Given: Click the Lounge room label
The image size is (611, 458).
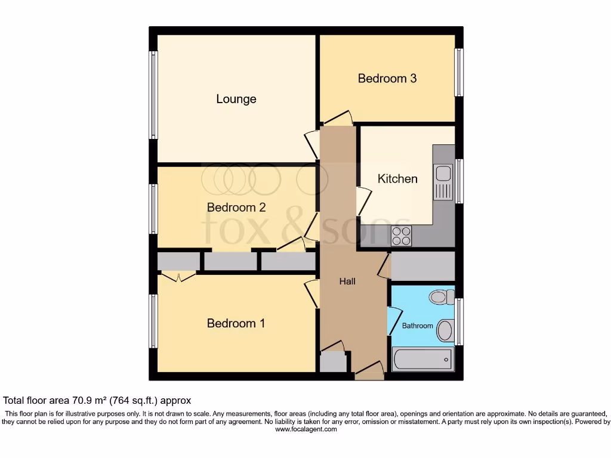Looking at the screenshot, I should (x=236, y=99).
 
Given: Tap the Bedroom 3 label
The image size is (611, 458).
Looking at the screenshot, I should (x=387, y=78).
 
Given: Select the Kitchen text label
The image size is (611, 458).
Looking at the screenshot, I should (x=397, y=178).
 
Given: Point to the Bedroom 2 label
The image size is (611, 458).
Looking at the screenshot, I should (x=236, y=208).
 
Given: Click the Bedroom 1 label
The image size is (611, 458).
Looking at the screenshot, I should (x=236, y=323).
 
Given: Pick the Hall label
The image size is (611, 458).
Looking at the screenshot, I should (x=347, y=281).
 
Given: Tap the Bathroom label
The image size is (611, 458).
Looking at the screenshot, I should (x=417, y=326).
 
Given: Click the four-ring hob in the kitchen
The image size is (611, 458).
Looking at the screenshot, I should (x=402, y=236).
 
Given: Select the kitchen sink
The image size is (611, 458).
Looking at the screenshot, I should (x=443, y=174).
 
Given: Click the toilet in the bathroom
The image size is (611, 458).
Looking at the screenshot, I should (x=441, y=296).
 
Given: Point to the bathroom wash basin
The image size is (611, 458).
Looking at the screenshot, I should (x=445, y=329).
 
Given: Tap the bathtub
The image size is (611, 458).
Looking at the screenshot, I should (x=422, y=359).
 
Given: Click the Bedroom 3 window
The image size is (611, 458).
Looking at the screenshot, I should (x=458, y=72).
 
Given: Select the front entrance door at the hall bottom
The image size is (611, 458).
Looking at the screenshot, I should (x=369, y=372).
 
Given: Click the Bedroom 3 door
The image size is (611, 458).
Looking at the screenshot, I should (x=338, y=119).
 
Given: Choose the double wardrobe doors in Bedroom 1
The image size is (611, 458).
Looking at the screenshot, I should (x=179, y=276).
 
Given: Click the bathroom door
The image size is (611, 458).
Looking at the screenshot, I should (x=394, y=320).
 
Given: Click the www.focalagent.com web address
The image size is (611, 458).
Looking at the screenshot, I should (x=305, y=429).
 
